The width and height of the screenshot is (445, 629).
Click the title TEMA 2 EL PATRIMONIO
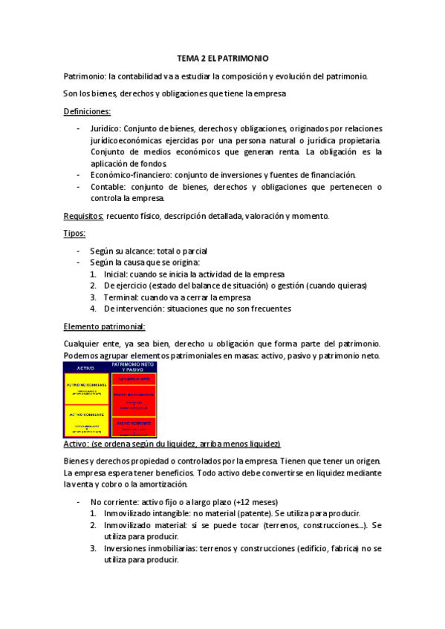pyautogui.click(x=223, y=57)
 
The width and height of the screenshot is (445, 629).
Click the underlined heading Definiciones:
pyautogui.click(x=87, y=111)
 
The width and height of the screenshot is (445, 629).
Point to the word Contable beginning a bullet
pyautogui.click(x=108, y=187)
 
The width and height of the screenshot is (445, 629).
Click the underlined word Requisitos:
pyautogui.click(x=83, y=216)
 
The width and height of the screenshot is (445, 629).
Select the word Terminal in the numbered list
pyautogui.click(x=120, y=297)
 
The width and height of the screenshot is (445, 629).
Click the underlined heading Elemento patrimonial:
pyautogui.click(x=104, y=326)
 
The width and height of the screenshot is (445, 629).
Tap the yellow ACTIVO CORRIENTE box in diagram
pyautogui.click(x=87, y=420)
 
